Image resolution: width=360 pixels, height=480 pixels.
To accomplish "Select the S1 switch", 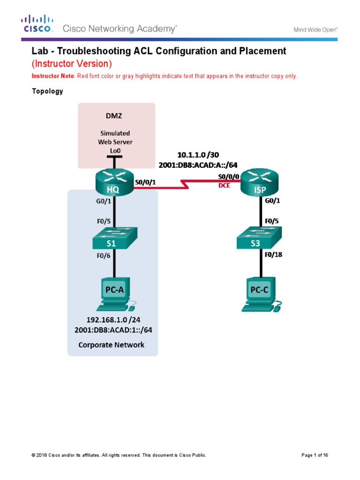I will pos(113,239).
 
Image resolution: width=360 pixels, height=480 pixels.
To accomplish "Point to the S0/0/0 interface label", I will pos(228,177).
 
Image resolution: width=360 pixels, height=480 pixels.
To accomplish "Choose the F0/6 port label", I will pos(104,255).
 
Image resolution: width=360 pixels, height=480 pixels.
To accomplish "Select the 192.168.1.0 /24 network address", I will pos(113,320).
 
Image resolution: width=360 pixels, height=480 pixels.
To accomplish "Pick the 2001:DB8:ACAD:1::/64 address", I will pos(113,330).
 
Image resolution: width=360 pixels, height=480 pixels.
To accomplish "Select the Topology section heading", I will pos(47,91).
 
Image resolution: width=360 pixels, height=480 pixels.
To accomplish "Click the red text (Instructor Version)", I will pos(72,63).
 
